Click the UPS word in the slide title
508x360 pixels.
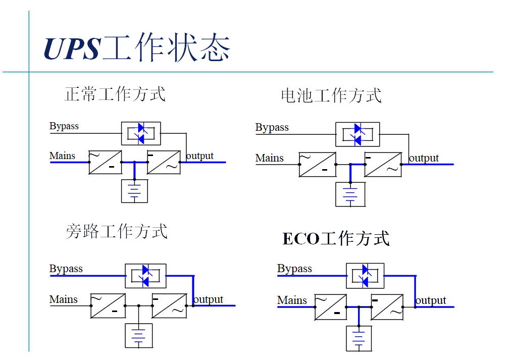[72, 48]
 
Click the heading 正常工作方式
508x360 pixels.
[115, 94]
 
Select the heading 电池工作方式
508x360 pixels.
[331, 95]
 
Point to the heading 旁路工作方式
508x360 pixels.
[116, 231]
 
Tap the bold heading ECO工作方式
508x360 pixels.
[336, 238]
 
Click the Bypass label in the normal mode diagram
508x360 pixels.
[64, 126]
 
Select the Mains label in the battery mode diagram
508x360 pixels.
[270, 158]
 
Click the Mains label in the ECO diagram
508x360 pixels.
[292, 300]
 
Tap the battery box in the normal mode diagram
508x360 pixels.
[134, 191]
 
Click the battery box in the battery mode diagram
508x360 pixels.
[350, 194]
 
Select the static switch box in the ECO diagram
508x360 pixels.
[365, 275]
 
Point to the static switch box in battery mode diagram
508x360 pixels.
[357, 134]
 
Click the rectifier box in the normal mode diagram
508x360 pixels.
[105, 162]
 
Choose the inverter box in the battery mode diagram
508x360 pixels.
[383, 165]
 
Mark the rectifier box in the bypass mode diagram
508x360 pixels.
[108, 305]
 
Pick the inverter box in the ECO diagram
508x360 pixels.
[387, 307]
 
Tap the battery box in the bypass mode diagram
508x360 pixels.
[139, 335]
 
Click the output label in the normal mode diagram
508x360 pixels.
[200, 156]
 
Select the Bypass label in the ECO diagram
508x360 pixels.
[294, 269]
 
